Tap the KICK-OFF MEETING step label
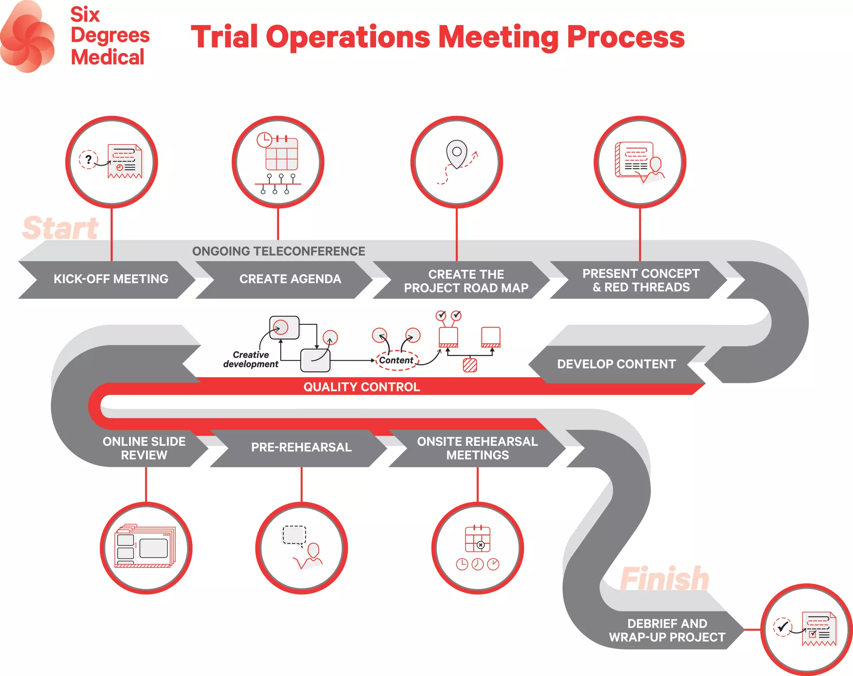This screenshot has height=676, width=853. click(x=111, y=279)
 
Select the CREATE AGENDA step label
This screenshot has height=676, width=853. click(x=290, y=279)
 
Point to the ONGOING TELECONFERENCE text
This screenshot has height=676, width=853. click(x=278, y=251)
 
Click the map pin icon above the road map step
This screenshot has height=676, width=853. click(x=456, y=154)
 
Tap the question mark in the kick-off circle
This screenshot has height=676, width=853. click(x=88, y=159)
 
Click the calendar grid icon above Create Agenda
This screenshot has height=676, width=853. click(x=282, y=154)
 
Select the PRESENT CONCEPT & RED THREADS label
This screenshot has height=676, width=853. click(x=641, y=280)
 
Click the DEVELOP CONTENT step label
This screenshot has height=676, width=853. click(x=616, y=364)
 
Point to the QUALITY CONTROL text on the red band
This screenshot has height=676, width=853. click(x=362, y=387)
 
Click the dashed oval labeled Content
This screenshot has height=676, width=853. click(x=396, y=360)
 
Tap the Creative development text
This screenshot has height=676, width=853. click(x=251, y=359)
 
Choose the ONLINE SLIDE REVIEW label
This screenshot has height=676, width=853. click(x=144, y=448)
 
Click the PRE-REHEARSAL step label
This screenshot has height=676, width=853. click(x=301, y=447)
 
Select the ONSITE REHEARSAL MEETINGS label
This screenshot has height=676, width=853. click(x=477, y=448)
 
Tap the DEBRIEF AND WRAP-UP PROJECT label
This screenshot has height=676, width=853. click(x=667, y=630)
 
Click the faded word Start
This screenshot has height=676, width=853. click(x=61, y=228)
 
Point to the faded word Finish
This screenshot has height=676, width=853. click(x=664, y=579)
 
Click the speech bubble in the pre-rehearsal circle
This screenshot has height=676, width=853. click(x=294, y=535)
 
